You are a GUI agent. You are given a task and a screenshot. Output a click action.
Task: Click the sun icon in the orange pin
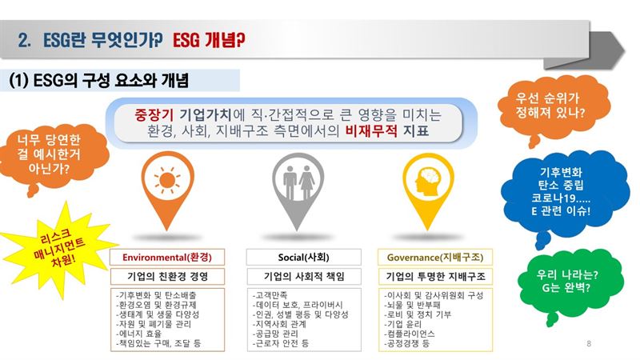(x=167, y=180)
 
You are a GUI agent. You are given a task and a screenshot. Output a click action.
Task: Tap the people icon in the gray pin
(x=298, y=182)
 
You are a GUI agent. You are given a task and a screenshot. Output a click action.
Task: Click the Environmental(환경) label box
(x=167, y=257)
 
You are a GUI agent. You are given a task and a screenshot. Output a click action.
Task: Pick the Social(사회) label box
(x=304, y=257)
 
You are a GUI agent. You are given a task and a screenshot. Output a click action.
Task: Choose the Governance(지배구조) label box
(x=435, y=257)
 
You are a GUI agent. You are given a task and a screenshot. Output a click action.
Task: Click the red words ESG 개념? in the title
(x=209, y=41)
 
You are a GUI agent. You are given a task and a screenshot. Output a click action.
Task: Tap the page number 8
(x=589, y=343)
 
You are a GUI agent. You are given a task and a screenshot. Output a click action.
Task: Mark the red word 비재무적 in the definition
(x=371, y=131)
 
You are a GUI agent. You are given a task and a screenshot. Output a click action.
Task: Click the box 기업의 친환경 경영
(x=167, y=276)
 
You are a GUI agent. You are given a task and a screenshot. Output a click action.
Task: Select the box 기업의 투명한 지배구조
(x=435, y=276)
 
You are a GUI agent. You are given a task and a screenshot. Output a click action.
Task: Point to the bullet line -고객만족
(x=270, y=294)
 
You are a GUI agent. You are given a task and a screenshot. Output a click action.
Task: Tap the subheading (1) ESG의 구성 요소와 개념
(x=98, y=81)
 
